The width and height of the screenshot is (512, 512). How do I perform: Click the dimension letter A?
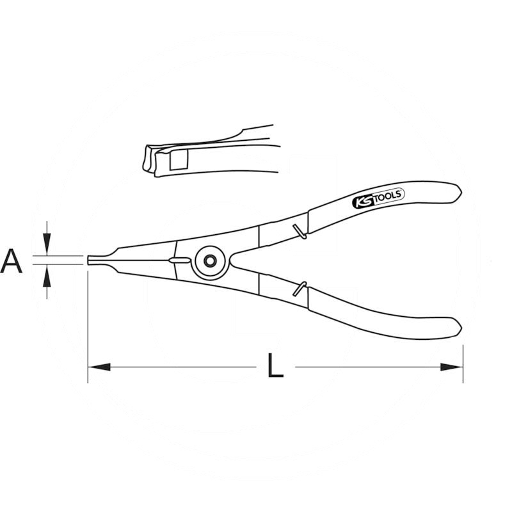pos(12,261)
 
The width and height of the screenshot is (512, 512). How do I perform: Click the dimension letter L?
pos(275,365)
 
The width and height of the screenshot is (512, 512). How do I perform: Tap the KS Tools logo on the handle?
pos(378,198)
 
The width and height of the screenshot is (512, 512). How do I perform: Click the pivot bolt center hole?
pos(209,260)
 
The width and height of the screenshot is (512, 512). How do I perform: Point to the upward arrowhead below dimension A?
pos(47,275)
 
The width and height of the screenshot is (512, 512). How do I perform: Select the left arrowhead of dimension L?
pos(99,367)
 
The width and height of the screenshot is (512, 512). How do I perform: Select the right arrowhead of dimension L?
pos(452,367)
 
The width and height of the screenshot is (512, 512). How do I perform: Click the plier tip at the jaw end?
pos(89,260)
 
